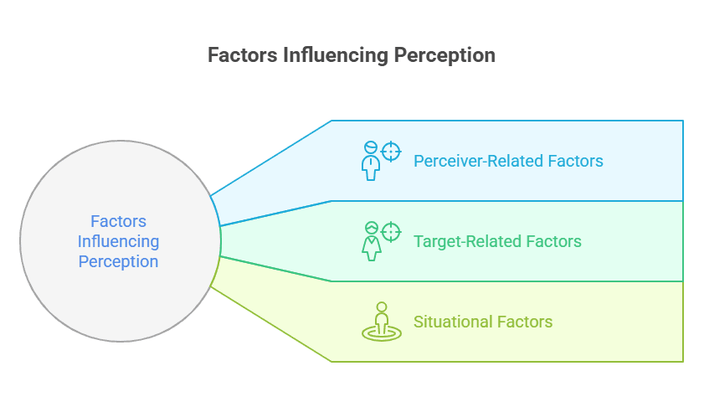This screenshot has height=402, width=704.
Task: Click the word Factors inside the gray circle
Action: (x=118, y=222)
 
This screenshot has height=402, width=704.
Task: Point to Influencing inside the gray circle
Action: (x=118, y=241)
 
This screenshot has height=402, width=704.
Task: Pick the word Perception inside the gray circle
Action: (x=118, y=261)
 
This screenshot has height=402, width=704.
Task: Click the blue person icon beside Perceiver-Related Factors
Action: (x=370, y=162)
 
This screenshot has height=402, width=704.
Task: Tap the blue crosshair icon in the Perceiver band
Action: (x=391, y=152)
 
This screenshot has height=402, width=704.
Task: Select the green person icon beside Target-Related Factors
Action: (x=370, y=242)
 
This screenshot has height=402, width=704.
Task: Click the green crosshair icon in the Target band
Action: (x=391, y=232)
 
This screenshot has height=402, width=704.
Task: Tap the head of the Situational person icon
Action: (x=382, y=307)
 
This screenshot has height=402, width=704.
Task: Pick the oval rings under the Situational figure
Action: (x=382, y=333)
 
